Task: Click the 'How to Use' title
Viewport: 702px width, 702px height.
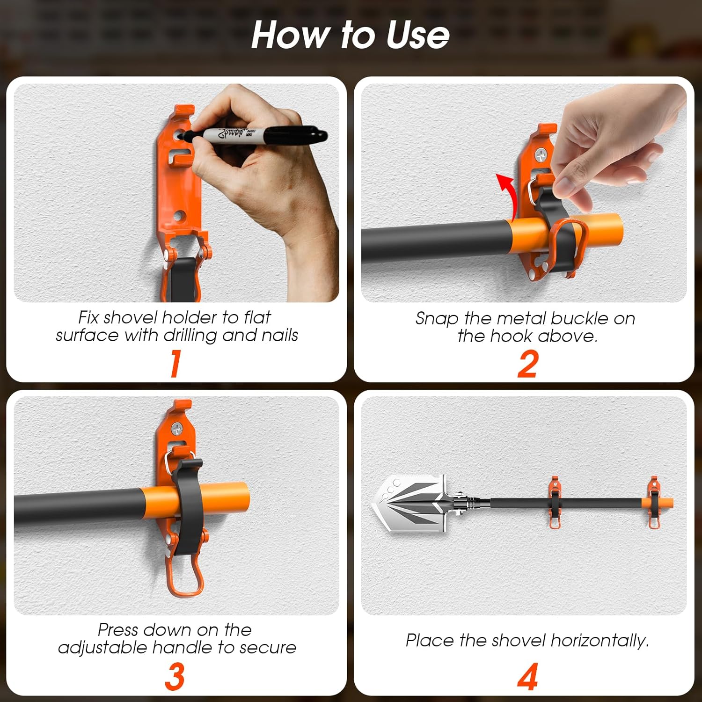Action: (x=351, y=35)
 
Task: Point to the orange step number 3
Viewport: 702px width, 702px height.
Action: (x=175, y=677)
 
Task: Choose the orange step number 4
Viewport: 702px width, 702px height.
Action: (x=527, y=677)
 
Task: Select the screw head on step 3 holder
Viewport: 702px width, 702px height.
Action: (x=178, y=427)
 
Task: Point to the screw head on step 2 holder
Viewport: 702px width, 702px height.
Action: (x=542, y=153)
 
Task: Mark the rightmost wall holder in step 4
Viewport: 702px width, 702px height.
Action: (x=655, y=502)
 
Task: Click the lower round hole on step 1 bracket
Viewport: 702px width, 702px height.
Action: (x=180, y=217)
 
